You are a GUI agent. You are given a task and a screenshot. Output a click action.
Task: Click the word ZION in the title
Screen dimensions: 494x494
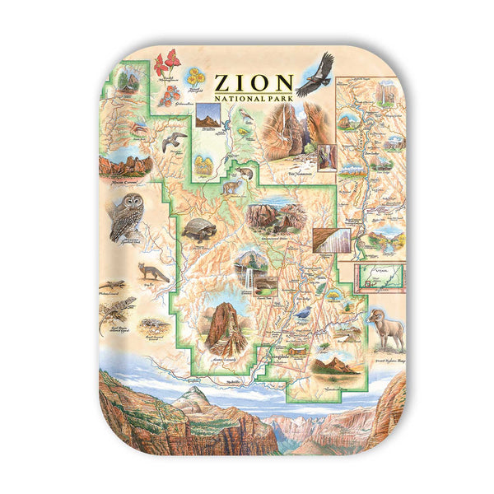coord(254,82)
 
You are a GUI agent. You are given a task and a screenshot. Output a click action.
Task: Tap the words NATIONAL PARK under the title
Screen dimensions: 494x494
coord(254,99)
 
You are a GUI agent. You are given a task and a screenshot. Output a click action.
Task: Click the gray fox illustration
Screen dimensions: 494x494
coord(153,273)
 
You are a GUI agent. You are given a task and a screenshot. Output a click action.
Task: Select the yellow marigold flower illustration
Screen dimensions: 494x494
coord(195,78)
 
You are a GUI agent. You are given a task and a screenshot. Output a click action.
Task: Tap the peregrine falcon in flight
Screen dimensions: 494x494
coord(174,142)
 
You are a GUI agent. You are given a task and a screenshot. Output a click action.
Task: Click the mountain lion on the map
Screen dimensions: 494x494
coord(233,188)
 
